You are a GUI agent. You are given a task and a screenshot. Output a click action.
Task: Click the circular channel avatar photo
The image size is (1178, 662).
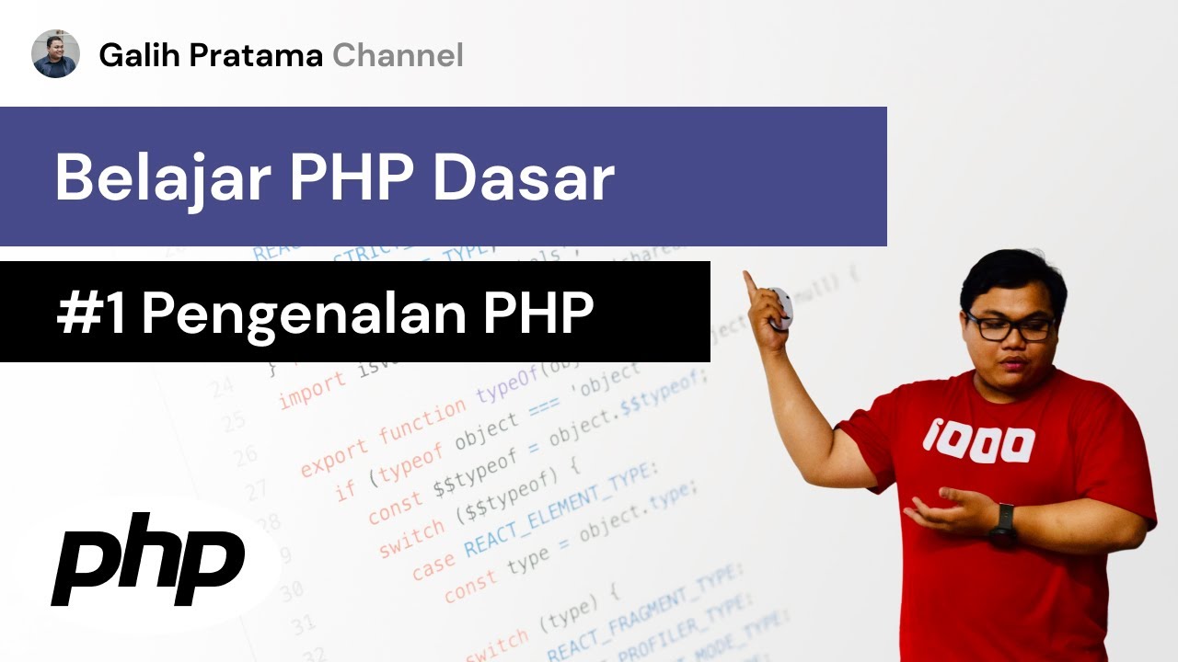click(55, 54)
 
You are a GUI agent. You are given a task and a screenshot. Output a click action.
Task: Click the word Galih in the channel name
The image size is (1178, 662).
click(133, 56)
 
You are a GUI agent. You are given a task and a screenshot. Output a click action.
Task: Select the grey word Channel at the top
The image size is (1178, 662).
click(398, 56)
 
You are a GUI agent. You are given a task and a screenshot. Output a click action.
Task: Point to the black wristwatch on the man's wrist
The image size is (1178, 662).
click(1003, 525)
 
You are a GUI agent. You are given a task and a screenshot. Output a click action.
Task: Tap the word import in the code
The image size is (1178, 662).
click(312, 390)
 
